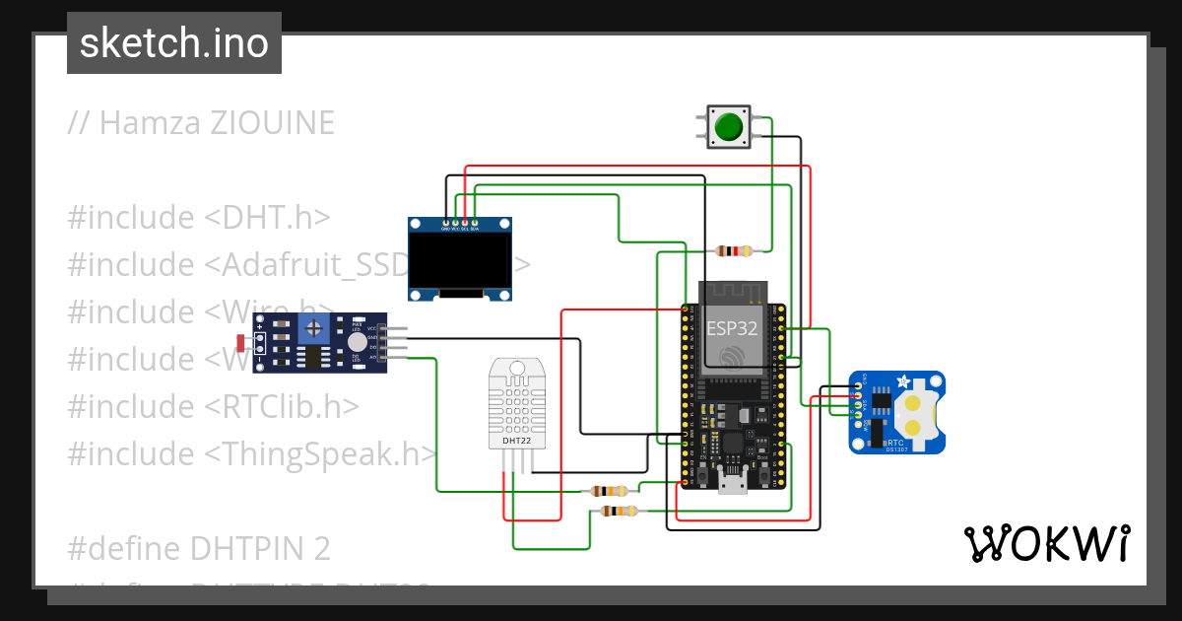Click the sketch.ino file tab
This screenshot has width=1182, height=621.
point(174,43)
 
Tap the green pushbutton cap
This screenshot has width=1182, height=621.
point(729,127)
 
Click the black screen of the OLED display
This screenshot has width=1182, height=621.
point(460,260)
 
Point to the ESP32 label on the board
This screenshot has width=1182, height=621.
point(732,328)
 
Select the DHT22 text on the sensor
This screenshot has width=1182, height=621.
point(517,441)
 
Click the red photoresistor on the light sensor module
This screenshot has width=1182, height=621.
point(241,342)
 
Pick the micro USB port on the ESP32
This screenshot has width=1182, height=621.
point(733,482)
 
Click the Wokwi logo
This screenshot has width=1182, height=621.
point(1046,543)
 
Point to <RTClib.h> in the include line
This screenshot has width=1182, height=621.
point(283,406)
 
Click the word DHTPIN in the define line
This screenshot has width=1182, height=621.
point(235,548)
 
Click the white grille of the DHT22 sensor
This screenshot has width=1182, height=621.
point(517,404)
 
